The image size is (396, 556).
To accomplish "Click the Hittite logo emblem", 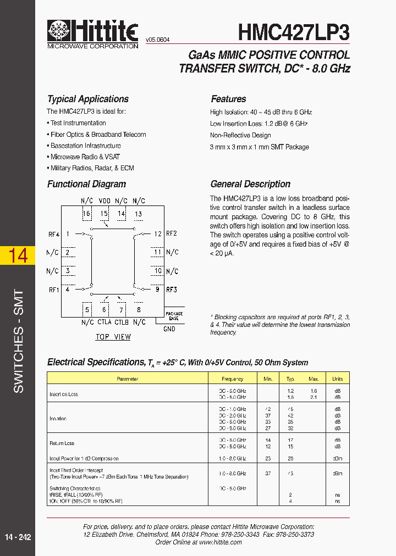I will coord(59,31).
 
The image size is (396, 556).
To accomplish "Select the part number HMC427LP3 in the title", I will coord(294,32).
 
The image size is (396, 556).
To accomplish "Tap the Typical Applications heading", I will coord(88,99).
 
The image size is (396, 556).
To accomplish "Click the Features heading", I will coord(228,99).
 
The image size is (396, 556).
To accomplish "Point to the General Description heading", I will coord(250,184).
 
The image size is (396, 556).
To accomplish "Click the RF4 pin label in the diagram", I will coord(53,235).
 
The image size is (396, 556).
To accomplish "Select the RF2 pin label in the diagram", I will coord(172,233).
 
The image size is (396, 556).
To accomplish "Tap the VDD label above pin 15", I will coord(105,201).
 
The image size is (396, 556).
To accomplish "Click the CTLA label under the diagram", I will coord(105,322).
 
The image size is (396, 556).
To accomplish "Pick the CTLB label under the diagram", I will coord(122,322).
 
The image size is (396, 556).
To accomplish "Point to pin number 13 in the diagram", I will coord(138,214).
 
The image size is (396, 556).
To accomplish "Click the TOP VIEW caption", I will coord(113,337).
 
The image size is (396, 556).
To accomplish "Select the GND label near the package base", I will coord(169,329).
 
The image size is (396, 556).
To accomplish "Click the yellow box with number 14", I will coord(18,255).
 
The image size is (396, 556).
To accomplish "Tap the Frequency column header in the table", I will coord(233,379).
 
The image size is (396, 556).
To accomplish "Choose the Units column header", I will coord(337,379).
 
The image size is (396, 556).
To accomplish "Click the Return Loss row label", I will coord(62,443).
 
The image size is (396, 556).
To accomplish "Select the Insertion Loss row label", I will coord(64,394).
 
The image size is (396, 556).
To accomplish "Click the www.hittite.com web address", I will coord(220,542).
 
